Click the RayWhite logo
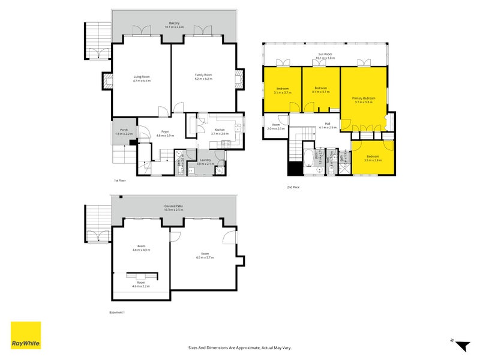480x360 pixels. [x=26, y=335]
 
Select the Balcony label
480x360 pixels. [x=174, y=25]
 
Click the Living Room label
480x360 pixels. [x=142, y=78]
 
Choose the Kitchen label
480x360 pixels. [x=220, y=132]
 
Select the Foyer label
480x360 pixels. [x=165, y=134]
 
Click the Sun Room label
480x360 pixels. [x=326, y=56]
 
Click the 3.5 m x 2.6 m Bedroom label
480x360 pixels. [x=373, y=158]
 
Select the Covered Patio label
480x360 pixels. [x=174, y=208]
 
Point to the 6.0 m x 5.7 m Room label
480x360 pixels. [x=205, y=256]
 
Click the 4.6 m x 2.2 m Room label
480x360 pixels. [x=141, y=284]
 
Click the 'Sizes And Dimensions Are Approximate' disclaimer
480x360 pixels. [x=239, y=347]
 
